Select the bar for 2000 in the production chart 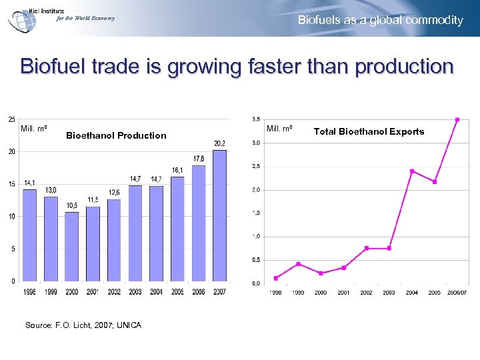[x=72, y=247]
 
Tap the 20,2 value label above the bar [x=219, y=143]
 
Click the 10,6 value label [x=72, y=205]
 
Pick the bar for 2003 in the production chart [x=135, y=233]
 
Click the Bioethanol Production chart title [x=117, y=135]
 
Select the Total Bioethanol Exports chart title [x=369, y=131]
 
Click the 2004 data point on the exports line [x=412, y=171]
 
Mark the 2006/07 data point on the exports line [x=457, y=120]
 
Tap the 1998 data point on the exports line [x=276, y=278]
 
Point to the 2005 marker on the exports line [x=435, y=182]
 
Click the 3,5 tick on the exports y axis [x=256, y=119]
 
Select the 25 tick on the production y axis [x=12, y=119]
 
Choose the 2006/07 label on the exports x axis [x=457, y=292]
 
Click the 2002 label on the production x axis [x=114, y=291]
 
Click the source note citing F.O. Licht [x=83, y=325]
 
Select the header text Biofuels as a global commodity [x=380, y=20]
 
